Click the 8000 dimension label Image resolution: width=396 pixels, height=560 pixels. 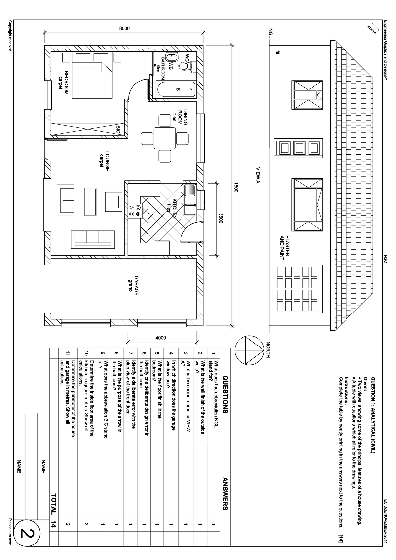124,29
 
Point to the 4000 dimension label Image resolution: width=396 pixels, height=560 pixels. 161,338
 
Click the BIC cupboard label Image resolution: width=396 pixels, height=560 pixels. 118,129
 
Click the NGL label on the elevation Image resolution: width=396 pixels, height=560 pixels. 271,33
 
